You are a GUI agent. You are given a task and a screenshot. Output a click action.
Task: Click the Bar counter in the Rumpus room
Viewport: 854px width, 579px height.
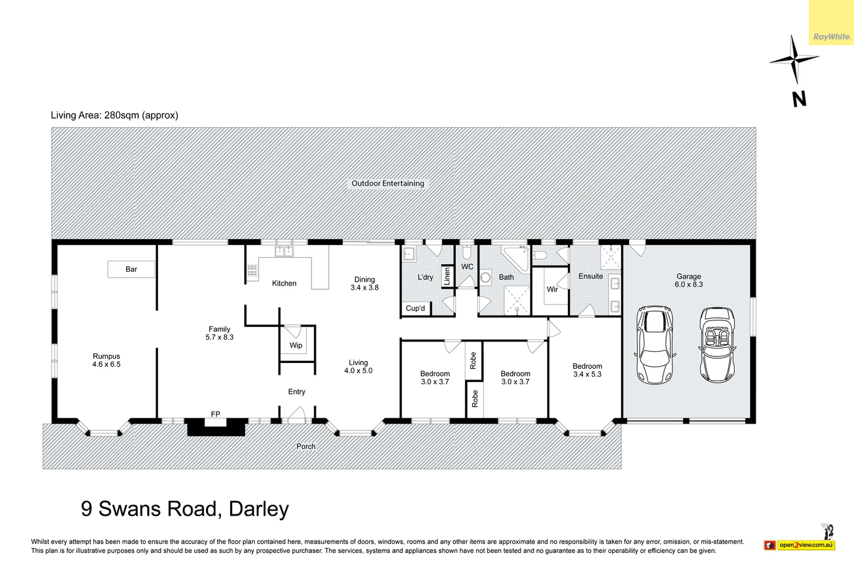pyautogui.click(x=131, y=269)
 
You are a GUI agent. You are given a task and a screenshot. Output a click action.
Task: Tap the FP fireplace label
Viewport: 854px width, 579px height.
pyautogui.click(x=216, y=414)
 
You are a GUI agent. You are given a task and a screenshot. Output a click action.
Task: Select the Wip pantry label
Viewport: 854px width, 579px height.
pyautogui.click(x=296, y=345)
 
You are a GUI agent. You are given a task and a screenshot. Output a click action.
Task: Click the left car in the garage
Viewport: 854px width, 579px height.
pyautogui.click(x=655, y=344)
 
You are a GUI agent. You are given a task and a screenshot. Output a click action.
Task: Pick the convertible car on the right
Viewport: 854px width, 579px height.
pyautogui.click(x=717, y=344)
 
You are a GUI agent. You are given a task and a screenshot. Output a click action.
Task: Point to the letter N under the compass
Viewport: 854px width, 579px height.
pyautogui.click(x=799, y=99)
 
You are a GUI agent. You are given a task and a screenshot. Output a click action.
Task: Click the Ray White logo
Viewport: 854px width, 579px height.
pyautogui.click(x=831, y=36)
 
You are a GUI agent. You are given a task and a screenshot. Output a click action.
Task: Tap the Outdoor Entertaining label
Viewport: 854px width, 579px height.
pyautogui.click(x=388, y=183)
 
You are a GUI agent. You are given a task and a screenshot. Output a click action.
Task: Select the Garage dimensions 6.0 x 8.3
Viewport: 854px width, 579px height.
pyautogui.click(x=688, y=285)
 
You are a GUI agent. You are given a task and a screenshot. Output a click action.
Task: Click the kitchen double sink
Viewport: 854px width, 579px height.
pyautogui.click(x=284, y=251)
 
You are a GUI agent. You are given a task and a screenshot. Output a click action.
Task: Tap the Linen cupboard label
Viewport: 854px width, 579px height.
pyautogui.click(x=447, y=276)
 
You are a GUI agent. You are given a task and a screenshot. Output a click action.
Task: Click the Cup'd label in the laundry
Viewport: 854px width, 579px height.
pyautogui.click(x=415, y=308)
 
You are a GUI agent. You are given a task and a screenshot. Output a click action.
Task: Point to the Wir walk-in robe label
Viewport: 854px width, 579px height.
pyautogui.click(x=552, y=289)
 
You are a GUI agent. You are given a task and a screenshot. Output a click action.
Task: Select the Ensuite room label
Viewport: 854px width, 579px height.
pyautogui.click(x=590, y=276)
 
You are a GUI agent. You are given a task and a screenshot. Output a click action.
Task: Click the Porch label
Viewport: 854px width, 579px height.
pyautogui.click(x=306, y=446)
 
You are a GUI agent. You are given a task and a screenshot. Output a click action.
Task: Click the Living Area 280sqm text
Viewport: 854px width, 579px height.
pyautogui.click(x=114, y=115)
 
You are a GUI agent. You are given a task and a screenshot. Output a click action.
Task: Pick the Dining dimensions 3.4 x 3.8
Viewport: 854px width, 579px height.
pyautogui.click(x=365, y=287)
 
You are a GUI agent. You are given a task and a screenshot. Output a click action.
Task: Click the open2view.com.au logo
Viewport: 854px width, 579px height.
pyautogui.click(x=805, y=545)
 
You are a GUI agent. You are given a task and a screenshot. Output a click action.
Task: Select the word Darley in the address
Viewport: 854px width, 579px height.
pyautogui.click(x=259, y=509)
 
